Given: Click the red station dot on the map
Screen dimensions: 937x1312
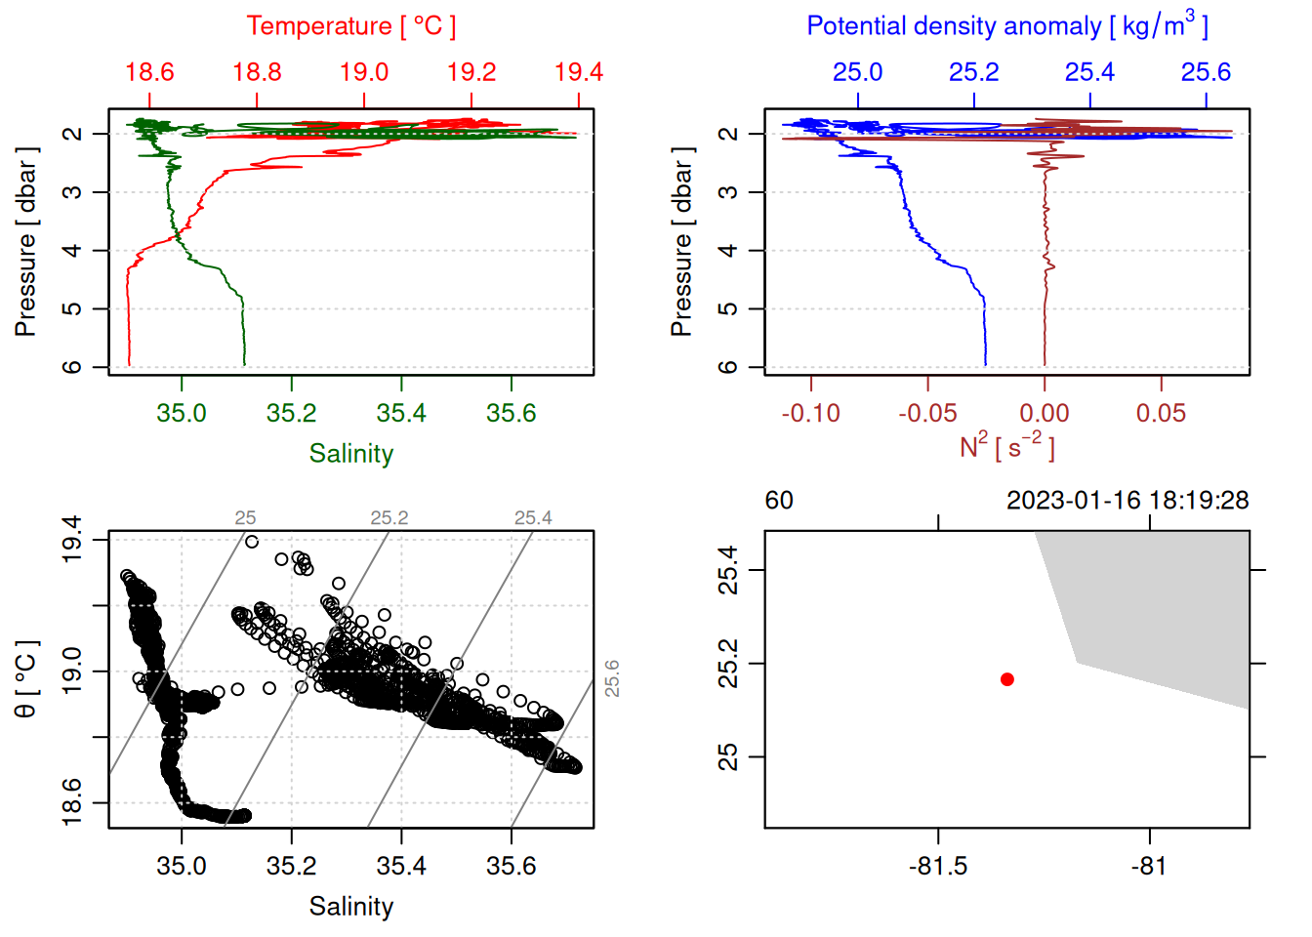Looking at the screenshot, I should click(1007, 679).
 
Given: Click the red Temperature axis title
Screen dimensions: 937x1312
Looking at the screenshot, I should click(350, 26).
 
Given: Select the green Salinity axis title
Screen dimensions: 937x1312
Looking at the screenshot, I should click(350, 454).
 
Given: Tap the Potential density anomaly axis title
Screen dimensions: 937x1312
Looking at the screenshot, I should click(1006, 26).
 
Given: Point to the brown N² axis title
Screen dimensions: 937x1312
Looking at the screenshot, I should click(1006, 446).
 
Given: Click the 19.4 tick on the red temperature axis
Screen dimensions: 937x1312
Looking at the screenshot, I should click(579, 73).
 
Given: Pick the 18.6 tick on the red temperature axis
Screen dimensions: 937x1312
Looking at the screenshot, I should click(149, 73).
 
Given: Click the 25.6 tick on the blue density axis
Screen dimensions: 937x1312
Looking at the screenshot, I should click(1206, 73).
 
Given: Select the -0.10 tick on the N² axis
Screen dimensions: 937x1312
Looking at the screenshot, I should click(811, 414).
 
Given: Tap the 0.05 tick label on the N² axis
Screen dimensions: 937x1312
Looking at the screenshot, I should click(1161, 414).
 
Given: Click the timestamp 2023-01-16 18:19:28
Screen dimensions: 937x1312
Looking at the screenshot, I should click(1127, 501).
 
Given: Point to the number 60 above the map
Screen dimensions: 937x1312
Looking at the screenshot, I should click(779, 501).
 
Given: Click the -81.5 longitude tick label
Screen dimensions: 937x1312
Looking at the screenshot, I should click(938, 867).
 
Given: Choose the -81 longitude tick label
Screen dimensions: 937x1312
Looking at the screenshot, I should click(1149, 867).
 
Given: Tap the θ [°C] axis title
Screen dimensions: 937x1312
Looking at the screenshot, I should click(26, 678).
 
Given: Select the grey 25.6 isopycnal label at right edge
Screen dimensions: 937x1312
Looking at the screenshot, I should click(612, 678).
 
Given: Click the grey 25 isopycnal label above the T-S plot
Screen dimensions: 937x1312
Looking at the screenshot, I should click(245, 518).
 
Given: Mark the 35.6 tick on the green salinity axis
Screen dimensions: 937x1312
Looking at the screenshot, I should click(512, 414).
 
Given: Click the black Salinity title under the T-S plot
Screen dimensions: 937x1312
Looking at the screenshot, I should click(350, 907).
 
